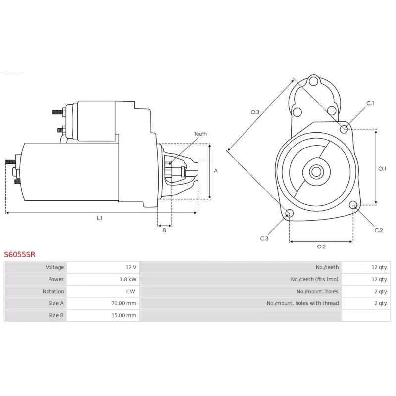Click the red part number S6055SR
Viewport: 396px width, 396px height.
(x=20, y=254)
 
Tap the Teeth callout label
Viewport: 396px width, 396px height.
(x=200, y=134)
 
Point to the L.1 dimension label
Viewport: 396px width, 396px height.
(x=99, y=218)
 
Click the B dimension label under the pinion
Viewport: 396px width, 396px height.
(x=165, y=230)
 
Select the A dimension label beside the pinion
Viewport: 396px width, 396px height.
(x=216, y=171)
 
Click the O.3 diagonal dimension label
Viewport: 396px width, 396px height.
(x=255, y=112)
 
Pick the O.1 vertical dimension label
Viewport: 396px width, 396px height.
(x=382, y=168)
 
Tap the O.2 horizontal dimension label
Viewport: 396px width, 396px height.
(x=321, y=247)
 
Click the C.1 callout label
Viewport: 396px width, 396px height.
(x=370, y=103)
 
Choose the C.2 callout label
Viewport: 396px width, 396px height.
(x=379, y=230)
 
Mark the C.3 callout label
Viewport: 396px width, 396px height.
(x=264, y=238)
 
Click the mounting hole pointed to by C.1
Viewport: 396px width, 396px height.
(x=344, y=129)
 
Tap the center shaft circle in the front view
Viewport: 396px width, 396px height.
(x=316, y=172)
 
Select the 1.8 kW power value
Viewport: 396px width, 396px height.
(x=128, y=279)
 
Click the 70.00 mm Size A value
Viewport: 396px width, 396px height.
(x=124, y=303)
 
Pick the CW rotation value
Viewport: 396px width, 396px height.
(x=131, y=291)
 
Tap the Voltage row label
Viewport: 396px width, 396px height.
(x=54, y=267)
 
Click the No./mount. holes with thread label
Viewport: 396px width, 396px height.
(x=302, y=303)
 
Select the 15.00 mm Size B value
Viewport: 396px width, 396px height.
(x=124, y=315)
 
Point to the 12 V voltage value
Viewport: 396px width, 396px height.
(x=131, y=267)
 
